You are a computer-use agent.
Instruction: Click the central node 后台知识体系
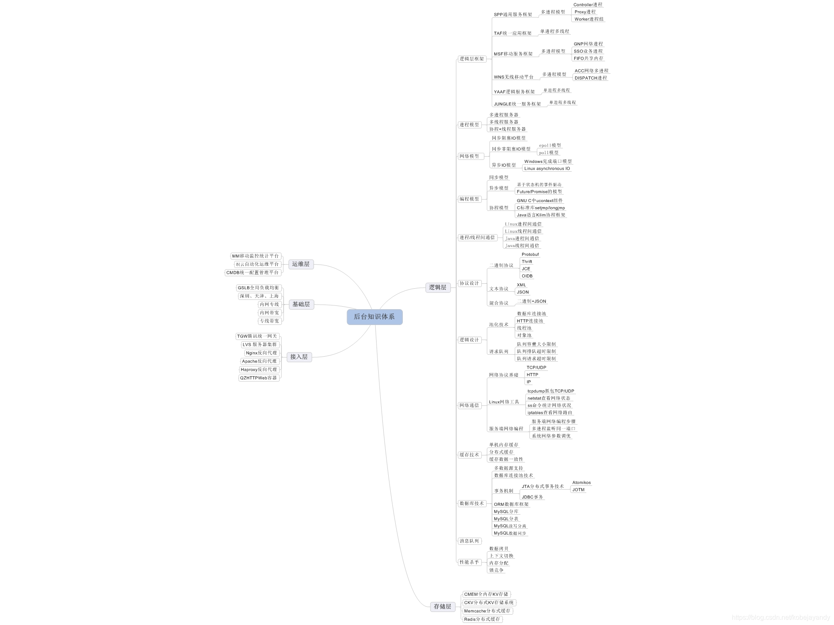pos(374,317)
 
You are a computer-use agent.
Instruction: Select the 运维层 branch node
pos(301,264)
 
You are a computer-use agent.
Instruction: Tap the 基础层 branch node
pos(301,304)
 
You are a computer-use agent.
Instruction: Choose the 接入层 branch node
pos(299,357)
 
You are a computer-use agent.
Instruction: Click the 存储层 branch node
pos(442,607)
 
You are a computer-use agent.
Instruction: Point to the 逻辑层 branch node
pos(437,287)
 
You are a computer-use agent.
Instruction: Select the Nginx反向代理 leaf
pos(261,353)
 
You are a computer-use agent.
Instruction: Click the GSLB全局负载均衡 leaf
pos(259,288)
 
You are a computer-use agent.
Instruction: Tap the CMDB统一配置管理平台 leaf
pos(253,272)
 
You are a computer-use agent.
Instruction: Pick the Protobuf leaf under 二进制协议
pos(530,255)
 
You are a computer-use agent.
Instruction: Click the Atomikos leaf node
pos(581,482)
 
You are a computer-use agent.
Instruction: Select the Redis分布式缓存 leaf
pos(482,619)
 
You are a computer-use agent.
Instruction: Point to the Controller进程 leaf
pos(588,5)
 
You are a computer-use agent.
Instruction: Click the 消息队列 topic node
pos(469,541)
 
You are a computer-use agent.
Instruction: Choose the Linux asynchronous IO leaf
pos(547,169)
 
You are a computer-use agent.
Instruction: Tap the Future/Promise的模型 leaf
pos(539,192)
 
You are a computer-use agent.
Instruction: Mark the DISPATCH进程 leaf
pos(590,78)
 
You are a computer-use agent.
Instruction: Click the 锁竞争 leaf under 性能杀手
pos(496,570)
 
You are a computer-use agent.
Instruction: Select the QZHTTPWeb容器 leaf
pos(259,378)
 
